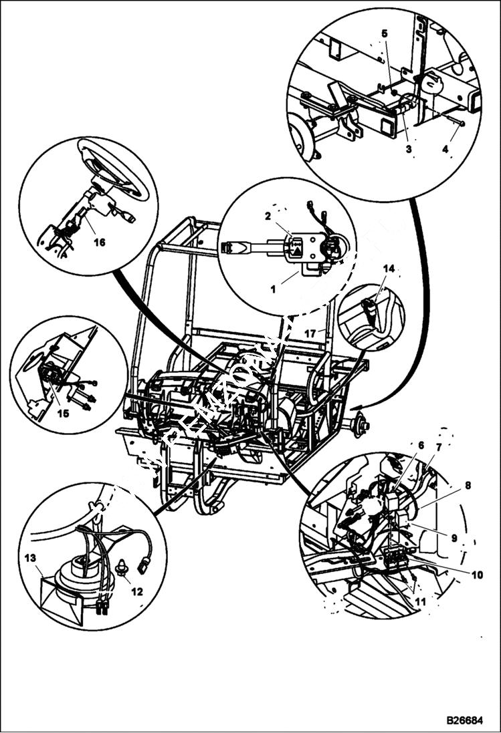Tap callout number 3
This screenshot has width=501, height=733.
click(x=408, y=149)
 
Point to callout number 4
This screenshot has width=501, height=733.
click(x=445, y=150)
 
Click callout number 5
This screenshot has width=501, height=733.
click(x=384, y=33)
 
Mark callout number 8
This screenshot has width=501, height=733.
click(x=467, y=486)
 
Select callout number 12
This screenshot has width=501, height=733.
click(x=137, y=592)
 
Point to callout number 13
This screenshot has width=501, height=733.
click(x=30, y=557)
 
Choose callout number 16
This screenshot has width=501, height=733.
click(x=99, y=243)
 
